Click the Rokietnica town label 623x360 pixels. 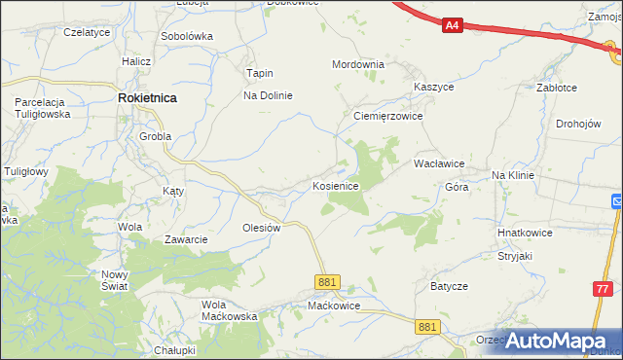pyautogui.click(x=147, y=97)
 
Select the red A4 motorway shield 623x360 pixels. pyautogui.click(x=452, y=26)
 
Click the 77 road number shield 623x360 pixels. pyautogui.click(x=604, y=289)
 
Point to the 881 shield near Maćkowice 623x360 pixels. pyautogui.click(x=327, y=281)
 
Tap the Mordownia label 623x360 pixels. pyautogui.click(x=358, y=64)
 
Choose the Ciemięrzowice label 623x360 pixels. pyautogui.click(x=386, y=114)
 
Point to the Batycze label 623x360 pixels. pyautogui.click(x=450, y=287)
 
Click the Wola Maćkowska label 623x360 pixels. pyautogui.click(x=229, y=309)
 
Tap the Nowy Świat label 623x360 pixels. pyautogui.click(x=115, y=280)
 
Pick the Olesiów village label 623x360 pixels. pyautogui.click(x=261, y=228)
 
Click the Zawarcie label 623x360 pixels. pyautogui.click(x=186, y=239)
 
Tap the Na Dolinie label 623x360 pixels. pyautogui.click(x=268, y=95)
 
